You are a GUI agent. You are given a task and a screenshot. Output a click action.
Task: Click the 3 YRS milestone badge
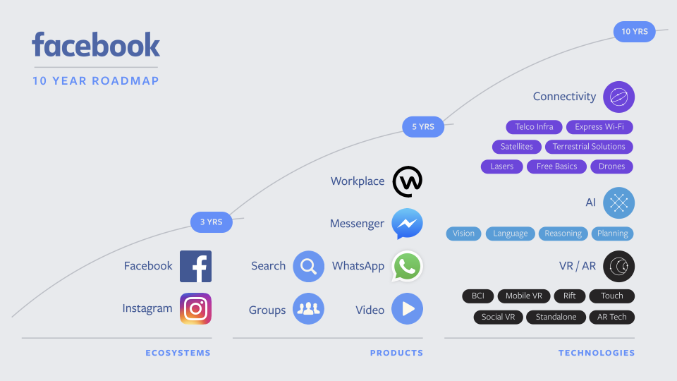(211, 222)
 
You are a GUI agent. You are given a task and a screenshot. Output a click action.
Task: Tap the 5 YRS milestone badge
(423, 127)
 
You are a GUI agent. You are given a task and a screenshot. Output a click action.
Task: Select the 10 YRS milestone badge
(635, 32)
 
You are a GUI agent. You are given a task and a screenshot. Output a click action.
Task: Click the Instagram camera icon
(195, 308)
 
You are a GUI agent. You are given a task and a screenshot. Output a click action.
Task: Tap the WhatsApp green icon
(407, 266)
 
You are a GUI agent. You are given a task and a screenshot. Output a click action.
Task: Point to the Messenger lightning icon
(407, 224)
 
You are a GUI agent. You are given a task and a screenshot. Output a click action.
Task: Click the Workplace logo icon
(407, 181)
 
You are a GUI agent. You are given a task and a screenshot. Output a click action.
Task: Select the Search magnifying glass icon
(308, 266)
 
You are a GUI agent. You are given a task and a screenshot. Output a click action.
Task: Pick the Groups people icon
(308, 308)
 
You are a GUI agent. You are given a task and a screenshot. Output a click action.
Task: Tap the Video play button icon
(407, 308)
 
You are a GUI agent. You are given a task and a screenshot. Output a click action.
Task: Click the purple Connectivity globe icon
(618, 97)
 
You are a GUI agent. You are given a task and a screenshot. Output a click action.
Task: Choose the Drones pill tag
(611, 167)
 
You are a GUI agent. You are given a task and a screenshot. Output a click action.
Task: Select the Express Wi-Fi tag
(599, 127)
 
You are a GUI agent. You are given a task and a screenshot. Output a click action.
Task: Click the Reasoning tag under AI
(563, 234)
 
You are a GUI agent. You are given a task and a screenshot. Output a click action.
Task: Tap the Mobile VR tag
(523, 296)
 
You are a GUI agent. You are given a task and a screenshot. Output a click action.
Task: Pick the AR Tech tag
(611, 317)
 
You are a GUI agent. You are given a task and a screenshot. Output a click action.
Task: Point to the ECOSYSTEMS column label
(178, 353)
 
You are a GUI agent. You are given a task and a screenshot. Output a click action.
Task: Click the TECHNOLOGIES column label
(597, 353)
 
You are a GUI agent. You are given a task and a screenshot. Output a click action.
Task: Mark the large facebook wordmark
(96, 45)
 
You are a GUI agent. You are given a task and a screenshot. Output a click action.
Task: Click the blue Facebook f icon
(195, 266)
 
